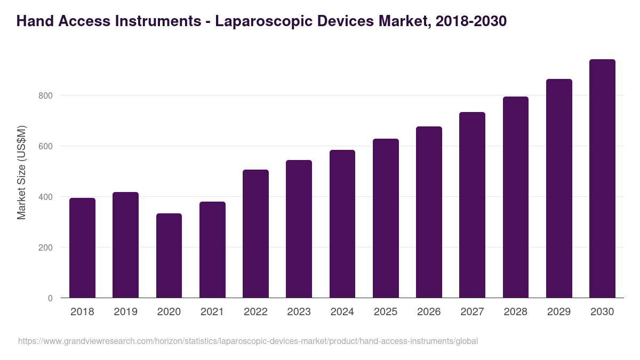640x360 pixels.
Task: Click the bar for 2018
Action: pos(82,248)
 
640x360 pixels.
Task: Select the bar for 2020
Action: pos(169,255)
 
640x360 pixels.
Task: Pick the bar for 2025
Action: pos(386,218)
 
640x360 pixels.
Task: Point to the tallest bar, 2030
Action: pos(602,179)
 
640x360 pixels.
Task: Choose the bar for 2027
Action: pos(472,205)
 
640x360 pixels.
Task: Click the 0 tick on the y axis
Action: pos(50,298)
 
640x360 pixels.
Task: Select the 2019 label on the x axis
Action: pos(125,311)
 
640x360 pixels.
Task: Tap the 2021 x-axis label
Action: pos(212,311)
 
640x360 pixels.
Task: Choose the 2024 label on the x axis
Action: pos(342,311)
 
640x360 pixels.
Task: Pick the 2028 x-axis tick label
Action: pos(515,311)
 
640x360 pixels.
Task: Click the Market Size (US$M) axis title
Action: pos(21,172)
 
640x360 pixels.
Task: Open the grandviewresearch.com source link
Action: pos(248,341)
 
